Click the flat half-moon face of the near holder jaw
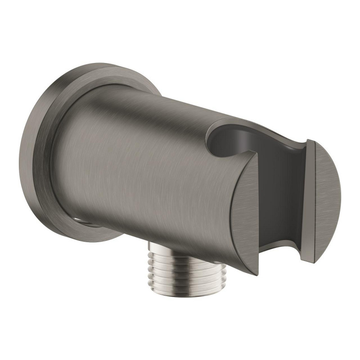[245, 211]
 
